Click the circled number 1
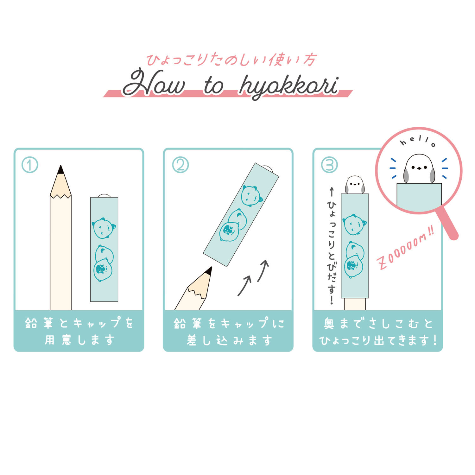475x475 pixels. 30,165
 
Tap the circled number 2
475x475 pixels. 180,165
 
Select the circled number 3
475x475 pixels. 329,165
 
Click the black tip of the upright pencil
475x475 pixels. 61,170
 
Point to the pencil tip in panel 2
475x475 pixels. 209,271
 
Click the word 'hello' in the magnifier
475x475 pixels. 418,142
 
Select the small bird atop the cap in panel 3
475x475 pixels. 355,185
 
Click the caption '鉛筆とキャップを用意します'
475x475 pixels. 79,331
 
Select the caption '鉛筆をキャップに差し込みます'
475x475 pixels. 229,331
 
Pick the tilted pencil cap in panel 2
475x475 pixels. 241,214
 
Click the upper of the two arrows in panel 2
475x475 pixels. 263,270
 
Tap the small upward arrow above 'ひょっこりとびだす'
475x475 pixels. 332,192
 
